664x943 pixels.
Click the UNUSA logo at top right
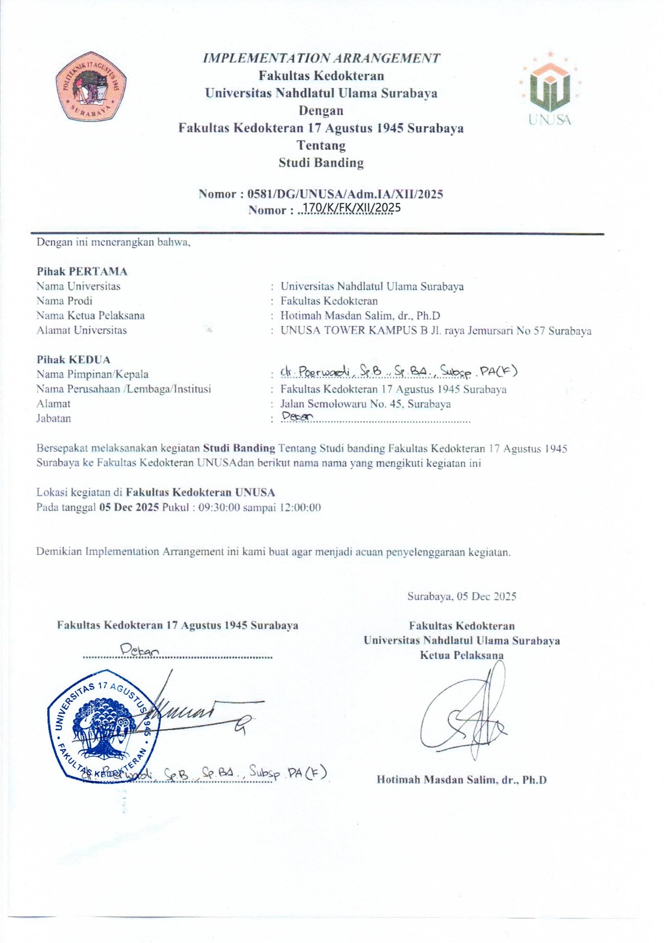pyautogui.click(x=550, y=89)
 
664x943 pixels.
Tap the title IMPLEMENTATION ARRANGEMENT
pyautogui.click(x=321, y=58)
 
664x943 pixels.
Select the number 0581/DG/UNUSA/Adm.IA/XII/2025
pyautogui.click(x=345, y=194)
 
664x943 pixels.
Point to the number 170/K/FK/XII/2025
pyautogui.click(x=351, y=209)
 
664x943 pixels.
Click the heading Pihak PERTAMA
pyautogui.click(x=82, y=271)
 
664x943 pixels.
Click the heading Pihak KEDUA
pyautogui.click(x=74, y=360)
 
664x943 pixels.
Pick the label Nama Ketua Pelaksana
pyautogui.click(x=91, y=316)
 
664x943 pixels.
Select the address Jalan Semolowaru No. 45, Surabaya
pyautogui.click(x=366, y=404)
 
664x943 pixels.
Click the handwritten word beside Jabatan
pyautogui.click(x=296, y=417)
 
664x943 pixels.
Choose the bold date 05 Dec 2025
pyautogui.click(x=129, y=507)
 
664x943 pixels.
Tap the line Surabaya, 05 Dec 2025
pyautogui.click(x=462, y=596)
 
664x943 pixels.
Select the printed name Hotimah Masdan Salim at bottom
pyautogui.click(x=462, y=780)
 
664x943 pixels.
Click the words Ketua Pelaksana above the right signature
pyautogui.click(x=462, y=655)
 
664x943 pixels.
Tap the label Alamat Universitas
pyautogui.click(x=82, y=331)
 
